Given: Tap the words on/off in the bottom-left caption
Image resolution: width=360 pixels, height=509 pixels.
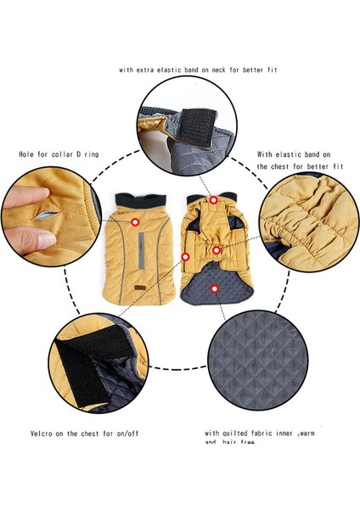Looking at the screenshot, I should click(127, 432).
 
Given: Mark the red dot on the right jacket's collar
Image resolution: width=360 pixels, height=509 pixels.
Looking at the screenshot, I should click(214, 200).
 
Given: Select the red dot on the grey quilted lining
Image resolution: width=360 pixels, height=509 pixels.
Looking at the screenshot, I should click(215, 288).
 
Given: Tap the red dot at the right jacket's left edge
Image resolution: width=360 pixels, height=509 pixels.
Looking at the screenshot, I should click(185, 256).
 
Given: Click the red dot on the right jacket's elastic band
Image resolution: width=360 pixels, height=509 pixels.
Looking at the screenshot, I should click(218, 250).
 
